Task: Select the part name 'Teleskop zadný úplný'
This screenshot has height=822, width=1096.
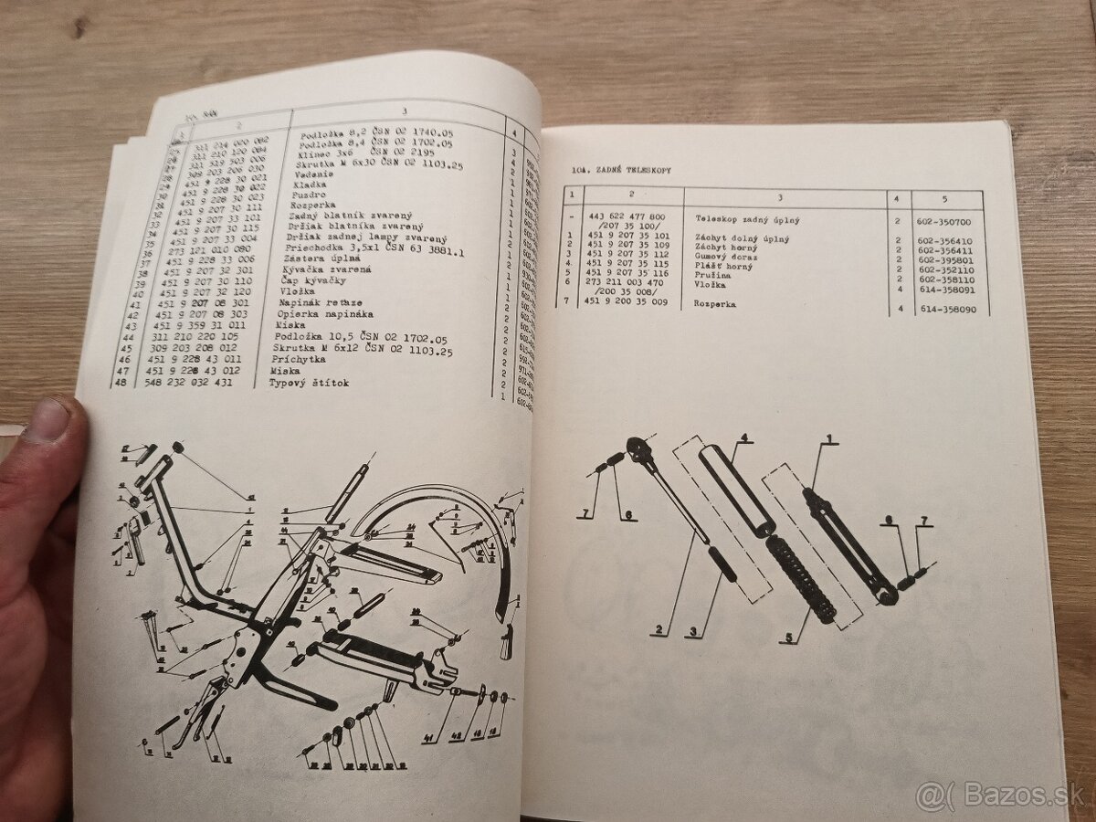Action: click(x=741, y=220)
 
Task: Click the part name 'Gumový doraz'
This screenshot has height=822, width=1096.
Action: click(x=726, y=258)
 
